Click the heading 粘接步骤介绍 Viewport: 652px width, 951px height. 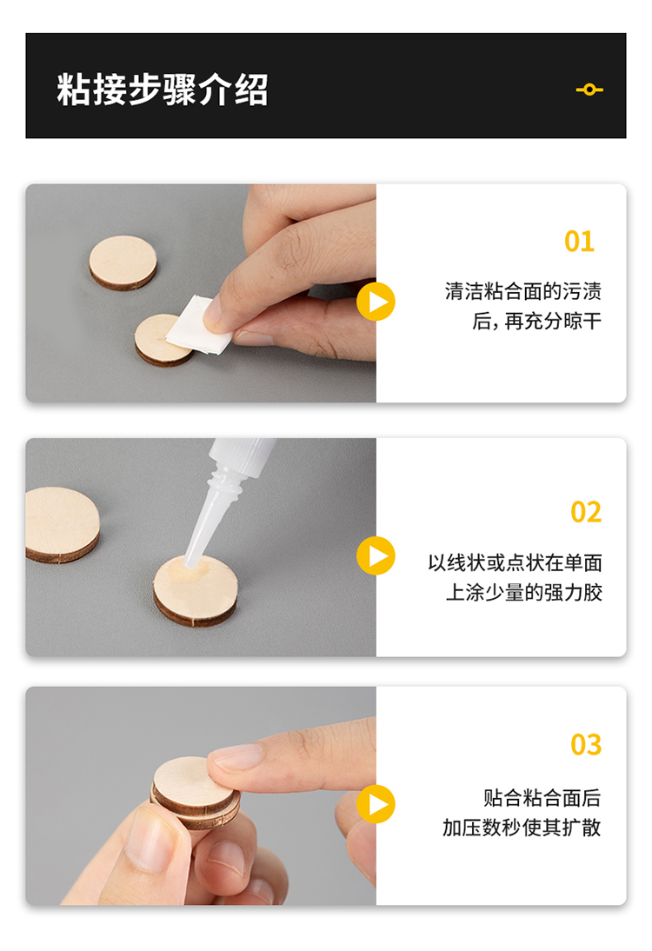pyautogui.click(x=163, y=90)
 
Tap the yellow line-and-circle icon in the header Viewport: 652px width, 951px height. pyautogui.click(x=589, y=90)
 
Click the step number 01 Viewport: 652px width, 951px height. pyautogui.click(x=579, y=242)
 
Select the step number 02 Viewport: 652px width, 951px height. pyautogui.click(x=586, y=512)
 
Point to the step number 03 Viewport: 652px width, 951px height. pyautogui.click(x=586, y=744)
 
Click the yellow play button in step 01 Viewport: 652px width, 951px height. pyautogui.click(x=376, y=302)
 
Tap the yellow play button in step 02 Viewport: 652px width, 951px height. pyautogui.click(x=376, y=555)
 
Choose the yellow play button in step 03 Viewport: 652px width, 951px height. pyautogui.click(x=376, y=804)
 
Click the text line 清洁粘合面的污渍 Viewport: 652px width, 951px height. pyautogui.click(x=522, y=291)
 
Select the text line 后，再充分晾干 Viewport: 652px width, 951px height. pyautogui.click(x=536, y=321)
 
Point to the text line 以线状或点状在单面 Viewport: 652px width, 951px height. pyautogui.click(x=515, y=562)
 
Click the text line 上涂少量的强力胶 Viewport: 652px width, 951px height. pyautogui.click(x=524, y=592)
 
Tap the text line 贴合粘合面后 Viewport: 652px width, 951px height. pyautogui.click(x=542, y=797)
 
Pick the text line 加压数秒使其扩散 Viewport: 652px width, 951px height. pyautogui.click(x=522, y=828)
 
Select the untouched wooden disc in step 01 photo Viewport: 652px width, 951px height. pyautogui.click(x=123, y=263)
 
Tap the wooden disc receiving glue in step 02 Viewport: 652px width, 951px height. pyautogui.click(x=196, y=591)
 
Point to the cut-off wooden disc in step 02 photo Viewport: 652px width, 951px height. pyautogui.click(x=62, y=525)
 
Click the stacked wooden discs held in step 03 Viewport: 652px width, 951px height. pyautogui.click(x=194, y=792)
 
